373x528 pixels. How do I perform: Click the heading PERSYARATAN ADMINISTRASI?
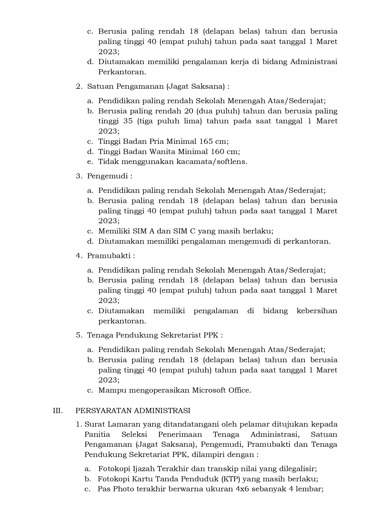tap(133, 410)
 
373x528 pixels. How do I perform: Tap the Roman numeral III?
tap(58, 410)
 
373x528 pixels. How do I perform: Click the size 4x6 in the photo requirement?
tap(242, 489)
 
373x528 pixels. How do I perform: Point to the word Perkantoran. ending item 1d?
tap(122, 72)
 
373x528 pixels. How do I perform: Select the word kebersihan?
tap(317, 311)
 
